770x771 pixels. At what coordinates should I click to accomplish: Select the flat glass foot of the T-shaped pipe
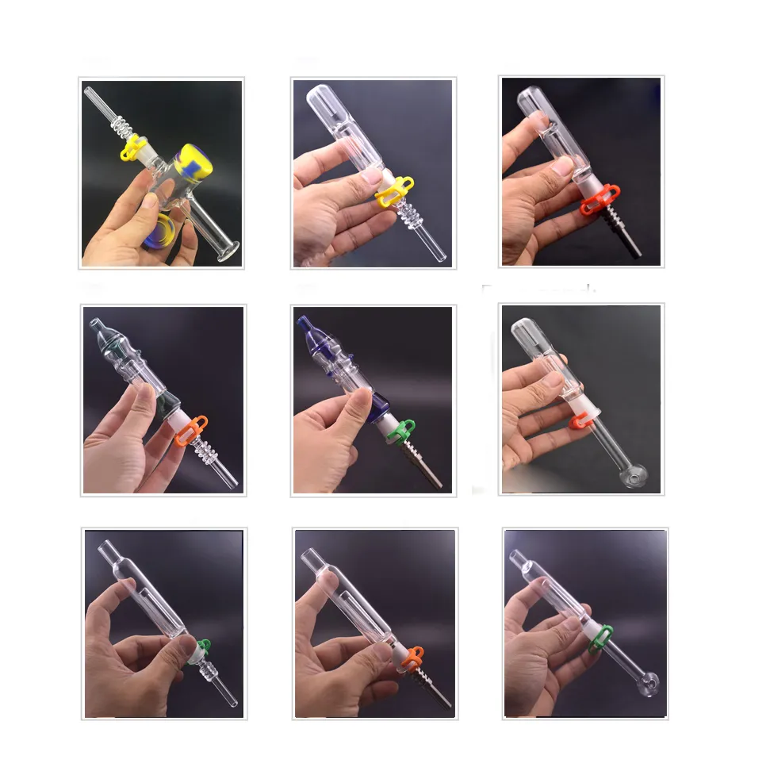click(228, 254)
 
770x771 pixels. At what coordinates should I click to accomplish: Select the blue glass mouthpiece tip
click(305, 327)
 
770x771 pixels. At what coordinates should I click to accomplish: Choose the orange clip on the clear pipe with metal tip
click(412, 656)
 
